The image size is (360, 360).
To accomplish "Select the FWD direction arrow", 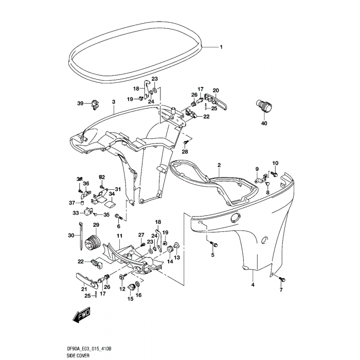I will (81, 315).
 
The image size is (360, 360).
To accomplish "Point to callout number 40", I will (264, 123).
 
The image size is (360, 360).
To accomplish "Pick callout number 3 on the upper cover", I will (113, 102).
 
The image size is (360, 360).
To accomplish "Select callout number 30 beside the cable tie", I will (71, 235).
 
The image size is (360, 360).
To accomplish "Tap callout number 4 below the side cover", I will (253, 284).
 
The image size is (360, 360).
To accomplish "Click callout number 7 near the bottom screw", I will (281, 291).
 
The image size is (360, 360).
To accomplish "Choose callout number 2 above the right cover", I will (219, 165).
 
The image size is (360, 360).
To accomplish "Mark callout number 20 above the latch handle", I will (215, 90).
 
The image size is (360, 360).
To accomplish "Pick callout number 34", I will (111, 194).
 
